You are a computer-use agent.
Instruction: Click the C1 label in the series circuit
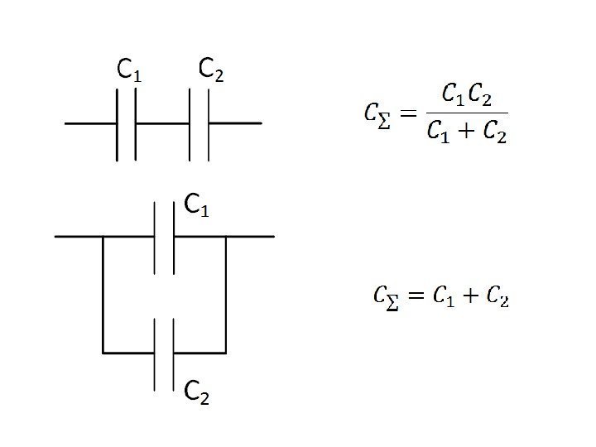(x=129, y=71)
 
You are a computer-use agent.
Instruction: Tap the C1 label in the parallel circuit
(x=196, y=204)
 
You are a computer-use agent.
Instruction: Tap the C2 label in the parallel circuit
(x=196, y=392)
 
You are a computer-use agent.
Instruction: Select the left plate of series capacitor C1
(x=117, y=123)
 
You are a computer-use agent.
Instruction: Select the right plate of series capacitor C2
(x=208, y=123)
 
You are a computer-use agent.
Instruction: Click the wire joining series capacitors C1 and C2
(x=162, y=123)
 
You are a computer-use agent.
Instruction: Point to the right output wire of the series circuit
(x=235, y=123)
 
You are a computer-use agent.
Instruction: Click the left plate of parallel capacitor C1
(x=155, y=236)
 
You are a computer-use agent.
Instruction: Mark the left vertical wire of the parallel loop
(x=103, y=294)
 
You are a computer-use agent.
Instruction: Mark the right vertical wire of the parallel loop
(x=226, y=294)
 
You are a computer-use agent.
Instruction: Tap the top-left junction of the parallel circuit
(x=103, y=237)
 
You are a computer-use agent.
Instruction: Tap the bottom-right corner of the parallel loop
(x=226, y=353)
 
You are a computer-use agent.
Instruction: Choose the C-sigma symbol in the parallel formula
(x=384, y=297)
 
